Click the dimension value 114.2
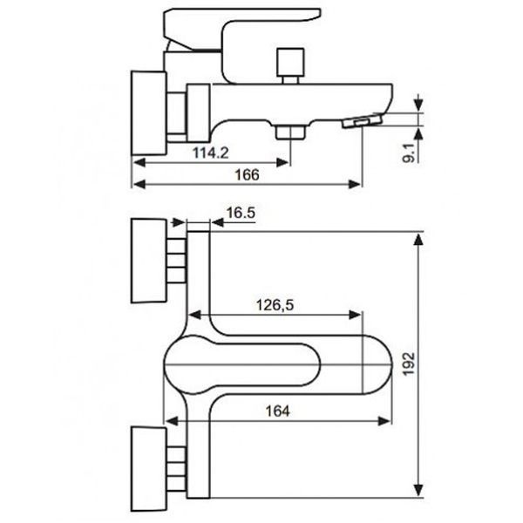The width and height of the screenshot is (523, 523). (211, 153)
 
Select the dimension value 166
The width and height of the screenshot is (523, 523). (247, 175)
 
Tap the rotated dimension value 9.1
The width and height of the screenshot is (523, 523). (409, 153)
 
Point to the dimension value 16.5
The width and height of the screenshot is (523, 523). (241, 213)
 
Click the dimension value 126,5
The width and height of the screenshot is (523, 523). (275, 305)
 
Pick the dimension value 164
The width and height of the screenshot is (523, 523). (277, 411)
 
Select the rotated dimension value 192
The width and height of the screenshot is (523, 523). (409, 363)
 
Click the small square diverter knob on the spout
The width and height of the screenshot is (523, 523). (291, 63)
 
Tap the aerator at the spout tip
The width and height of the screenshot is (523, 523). (362, 121)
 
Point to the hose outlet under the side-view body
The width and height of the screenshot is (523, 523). (290, 132)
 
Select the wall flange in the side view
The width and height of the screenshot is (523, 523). (149, 112)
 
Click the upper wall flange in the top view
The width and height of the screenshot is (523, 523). (148, 261)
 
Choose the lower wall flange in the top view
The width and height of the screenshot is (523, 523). (149, 469)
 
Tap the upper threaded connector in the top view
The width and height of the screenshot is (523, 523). (176, 261)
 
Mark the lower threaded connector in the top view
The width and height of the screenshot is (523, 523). (176, 468)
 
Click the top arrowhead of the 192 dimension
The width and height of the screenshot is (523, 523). (418, 240)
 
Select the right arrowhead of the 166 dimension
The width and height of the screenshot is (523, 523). (355, 184)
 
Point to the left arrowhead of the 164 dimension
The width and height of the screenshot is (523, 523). (172, 421)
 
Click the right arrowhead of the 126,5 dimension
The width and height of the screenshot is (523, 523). (355, 315)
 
